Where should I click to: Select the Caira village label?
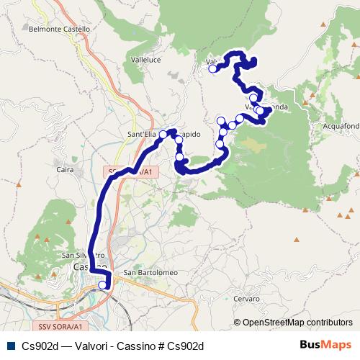[65, 170]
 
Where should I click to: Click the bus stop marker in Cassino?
[102, 285]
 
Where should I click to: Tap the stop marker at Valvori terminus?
[212, 69]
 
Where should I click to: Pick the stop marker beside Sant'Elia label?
[163, 135]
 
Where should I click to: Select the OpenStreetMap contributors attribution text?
[297, 322]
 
